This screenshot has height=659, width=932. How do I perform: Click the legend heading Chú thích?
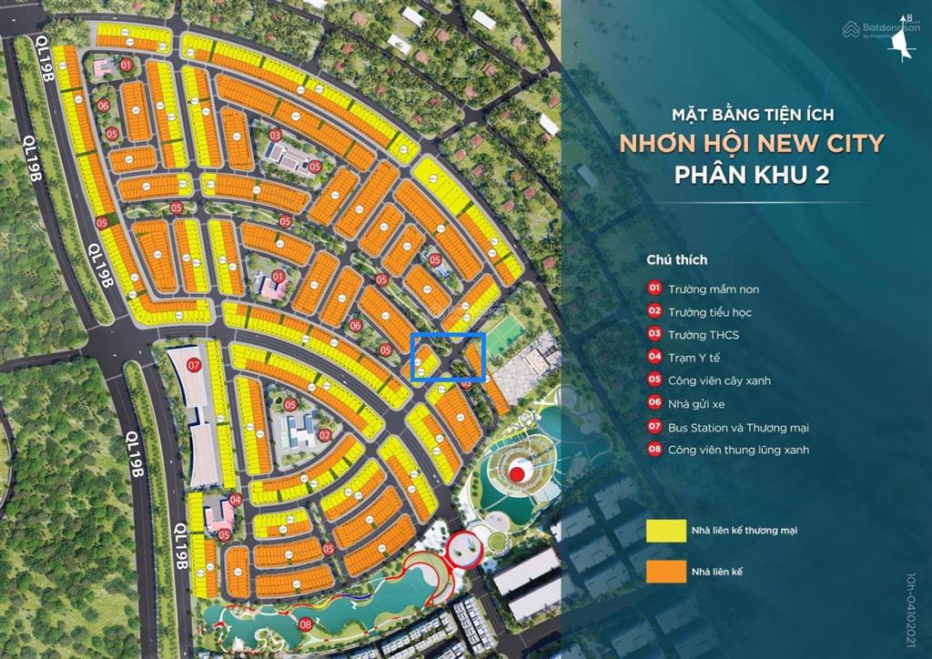[676, 259]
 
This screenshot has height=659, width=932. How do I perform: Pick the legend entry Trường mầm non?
[713, 289]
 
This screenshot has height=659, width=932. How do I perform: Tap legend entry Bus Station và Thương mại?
[738, 427]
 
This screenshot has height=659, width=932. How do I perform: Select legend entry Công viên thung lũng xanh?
[737, 450]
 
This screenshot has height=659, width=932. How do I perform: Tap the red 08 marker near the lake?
[305, 624]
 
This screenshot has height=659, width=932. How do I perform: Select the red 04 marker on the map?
[235, 499]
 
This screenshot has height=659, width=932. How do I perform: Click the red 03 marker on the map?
[274, 136]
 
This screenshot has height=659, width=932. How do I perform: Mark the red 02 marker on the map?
[324, 436]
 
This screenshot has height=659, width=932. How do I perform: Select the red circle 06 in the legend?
[653, 403]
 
